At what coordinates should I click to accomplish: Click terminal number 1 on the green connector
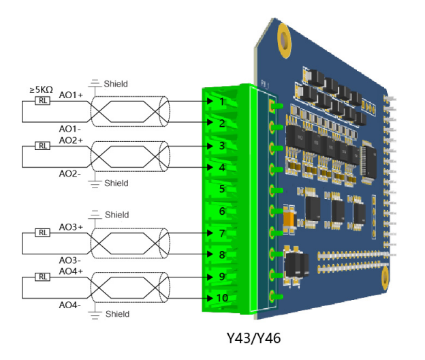222,102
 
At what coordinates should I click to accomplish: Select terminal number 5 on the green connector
222,189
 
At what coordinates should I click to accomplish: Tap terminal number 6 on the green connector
222,211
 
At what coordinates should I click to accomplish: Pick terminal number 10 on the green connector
222,298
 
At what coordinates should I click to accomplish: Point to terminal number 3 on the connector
222,145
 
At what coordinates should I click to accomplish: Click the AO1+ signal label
71,95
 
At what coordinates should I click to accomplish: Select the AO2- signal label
69,173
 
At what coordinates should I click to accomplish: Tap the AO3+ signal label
71,226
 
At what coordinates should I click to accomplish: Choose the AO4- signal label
69,305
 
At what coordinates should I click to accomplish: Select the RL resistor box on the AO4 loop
42,277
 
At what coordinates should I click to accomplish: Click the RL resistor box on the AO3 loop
42,233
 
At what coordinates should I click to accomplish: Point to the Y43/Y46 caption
253,337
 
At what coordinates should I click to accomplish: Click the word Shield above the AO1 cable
116,84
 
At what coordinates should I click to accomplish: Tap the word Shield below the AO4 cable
116,314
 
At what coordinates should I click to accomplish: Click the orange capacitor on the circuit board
289,219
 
